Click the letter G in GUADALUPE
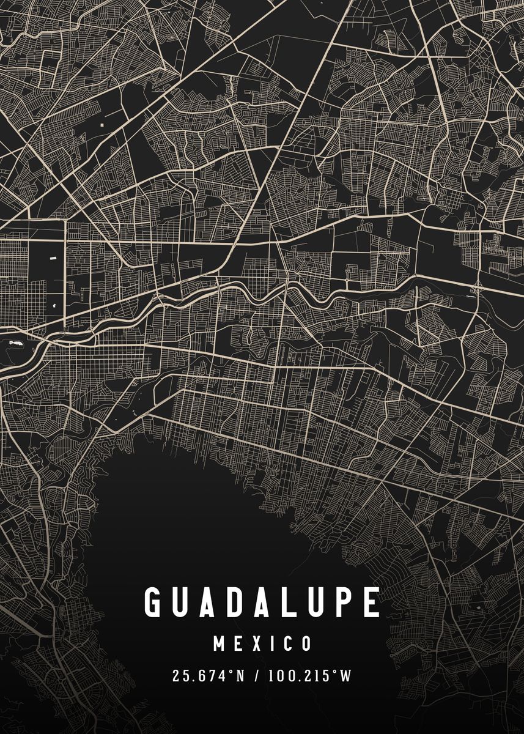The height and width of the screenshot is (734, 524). coord(154,602)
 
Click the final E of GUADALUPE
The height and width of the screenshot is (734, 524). coord(371,602)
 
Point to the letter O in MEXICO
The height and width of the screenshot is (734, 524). coord(306,643)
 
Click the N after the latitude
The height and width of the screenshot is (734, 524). coord(240,676)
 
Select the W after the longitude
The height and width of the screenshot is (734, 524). coord(346,676)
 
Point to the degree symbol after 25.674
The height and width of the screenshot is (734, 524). coord(231,672)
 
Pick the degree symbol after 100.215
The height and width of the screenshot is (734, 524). coord(334,672)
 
